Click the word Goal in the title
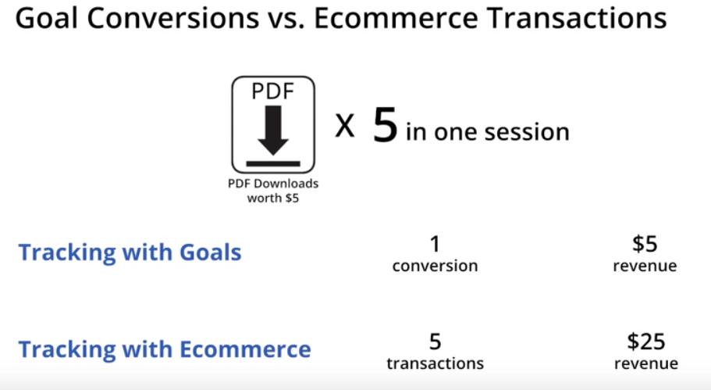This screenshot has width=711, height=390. pyautogui.click(x=47, y=18)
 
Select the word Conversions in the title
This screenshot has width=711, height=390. pyautogui.click(x=172, y=18)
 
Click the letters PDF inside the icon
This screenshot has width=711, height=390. pyautogui.click(x=273, y=91)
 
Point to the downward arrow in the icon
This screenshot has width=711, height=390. pyautogui.click(x=273, y=131)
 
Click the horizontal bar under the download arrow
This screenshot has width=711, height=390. pyautogui.click(x=273, y=163)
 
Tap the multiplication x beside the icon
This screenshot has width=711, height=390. pyautogui.click(x=345, y=126)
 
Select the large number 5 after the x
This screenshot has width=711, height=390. pyautogui.click(x=385, y=124)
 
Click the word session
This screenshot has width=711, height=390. pyautogui.click(x=527, y=133)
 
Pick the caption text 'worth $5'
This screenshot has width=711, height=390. pyautogui.click(x=273, y=198)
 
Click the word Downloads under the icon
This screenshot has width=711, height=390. pyautogui.click(x=286, y=184)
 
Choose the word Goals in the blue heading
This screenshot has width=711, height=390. pyautogui.click(x=211, y=252)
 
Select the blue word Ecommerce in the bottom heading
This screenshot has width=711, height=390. pyautogui.click(x=245, y=349)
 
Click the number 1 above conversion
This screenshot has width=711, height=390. pyautogui.click(x=435, y=245)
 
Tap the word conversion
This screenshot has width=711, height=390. pyautogui.click(x=435, y=266)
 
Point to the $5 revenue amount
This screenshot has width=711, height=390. pyautogui.click(x=645, y=244)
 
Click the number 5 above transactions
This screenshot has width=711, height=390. pyautogui.click(x=435, y=342)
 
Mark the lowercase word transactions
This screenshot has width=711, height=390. pyautogui.click(x=435, y=363)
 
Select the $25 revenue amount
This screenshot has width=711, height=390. pyautogui.click(x=645, y=342)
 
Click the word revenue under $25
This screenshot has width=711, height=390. pyautogui.click(x=646, y=363)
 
